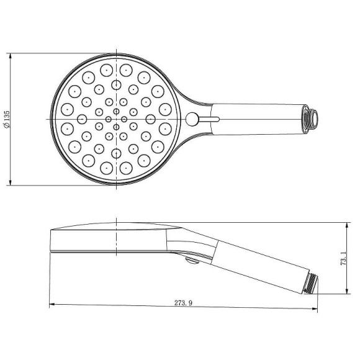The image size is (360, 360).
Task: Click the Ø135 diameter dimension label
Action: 7,119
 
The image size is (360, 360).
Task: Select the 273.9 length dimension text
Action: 183,303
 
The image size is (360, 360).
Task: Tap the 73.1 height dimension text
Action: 343,258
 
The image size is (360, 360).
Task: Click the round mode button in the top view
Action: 192,119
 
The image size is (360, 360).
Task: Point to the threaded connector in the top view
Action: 310,119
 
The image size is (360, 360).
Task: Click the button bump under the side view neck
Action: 192,261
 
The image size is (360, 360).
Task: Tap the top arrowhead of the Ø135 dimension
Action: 10,57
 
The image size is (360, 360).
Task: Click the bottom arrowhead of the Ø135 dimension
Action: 10,181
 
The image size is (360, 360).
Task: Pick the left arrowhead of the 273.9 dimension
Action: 53,304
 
